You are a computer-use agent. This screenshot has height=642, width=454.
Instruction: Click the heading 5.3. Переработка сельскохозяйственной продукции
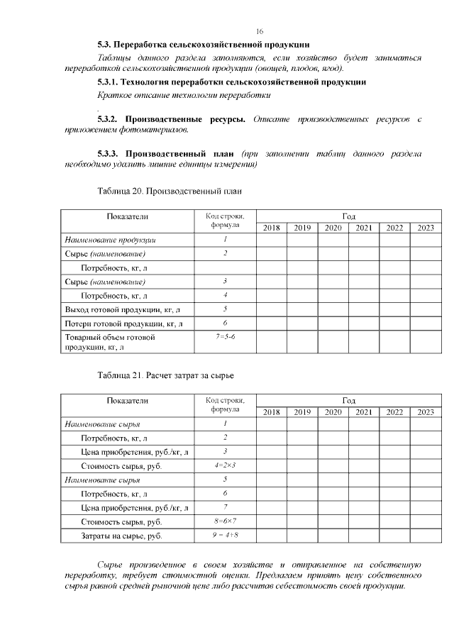(x=203, y=45)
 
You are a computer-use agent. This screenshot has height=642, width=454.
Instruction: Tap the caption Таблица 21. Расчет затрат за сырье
(x=165, y=374)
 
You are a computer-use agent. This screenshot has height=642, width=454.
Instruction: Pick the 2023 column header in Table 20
(x=426, y=228)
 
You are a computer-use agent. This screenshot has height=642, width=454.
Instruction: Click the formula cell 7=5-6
(x=225, y=336)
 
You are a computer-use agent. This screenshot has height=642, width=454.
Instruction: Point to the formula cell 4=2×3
(x=225, y=465)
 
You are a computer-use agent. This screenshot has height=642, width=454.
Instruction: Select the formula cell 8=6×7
(x=225, y=521)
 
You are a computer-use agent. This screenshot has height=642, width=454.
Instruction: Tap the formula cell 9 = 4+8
(x=225, y=534)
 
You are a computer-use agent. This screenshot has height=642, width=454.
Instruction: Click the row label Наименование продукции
(x=110, y=240)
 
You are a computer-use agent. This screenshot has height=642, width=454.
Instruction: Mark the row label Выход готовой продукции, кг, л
(x=123, y=309)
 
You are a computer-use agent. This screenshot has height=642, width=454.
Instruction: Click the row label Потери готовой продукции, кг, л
(x=124, y=323)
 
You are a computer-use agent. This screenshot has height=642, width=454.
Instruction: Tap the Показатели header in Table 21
(x=128, y=401)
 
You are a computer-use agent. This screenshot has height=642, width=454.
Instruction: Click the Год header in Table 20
(x=348, y=216)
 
